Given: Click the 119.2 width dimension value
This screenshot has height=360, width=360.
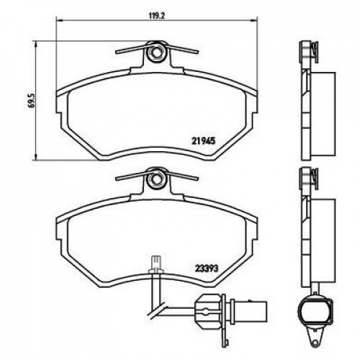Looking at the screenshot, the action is (x=156, y=16).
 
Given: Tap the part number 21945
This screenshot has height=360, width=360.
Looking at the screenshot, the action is (x=203, y=140).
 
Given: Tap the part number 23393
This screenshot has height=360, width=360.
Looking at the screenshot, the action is (x=206, y=269).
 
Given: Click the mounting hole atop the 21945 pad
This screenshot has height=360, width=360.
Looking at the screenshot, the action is (x=157, y=53).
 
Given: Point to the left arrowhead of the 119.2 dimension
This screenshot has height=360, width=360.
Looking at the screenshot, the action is (x=59, y=21).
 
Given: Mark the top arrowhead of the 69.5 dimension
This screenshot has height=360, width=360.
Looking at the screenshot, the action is (x=36, y=45).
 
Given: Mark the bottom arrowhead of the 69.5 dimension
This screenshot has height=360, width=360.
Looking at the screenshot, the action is (x=36, y=156).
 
